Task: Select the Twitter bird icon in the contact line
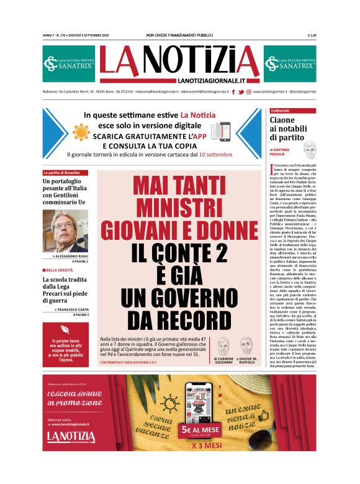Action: pyautogui.click(x=241, y=92)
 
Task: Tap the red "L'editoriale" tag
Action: pyautogui.click(x=284, y=111)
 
